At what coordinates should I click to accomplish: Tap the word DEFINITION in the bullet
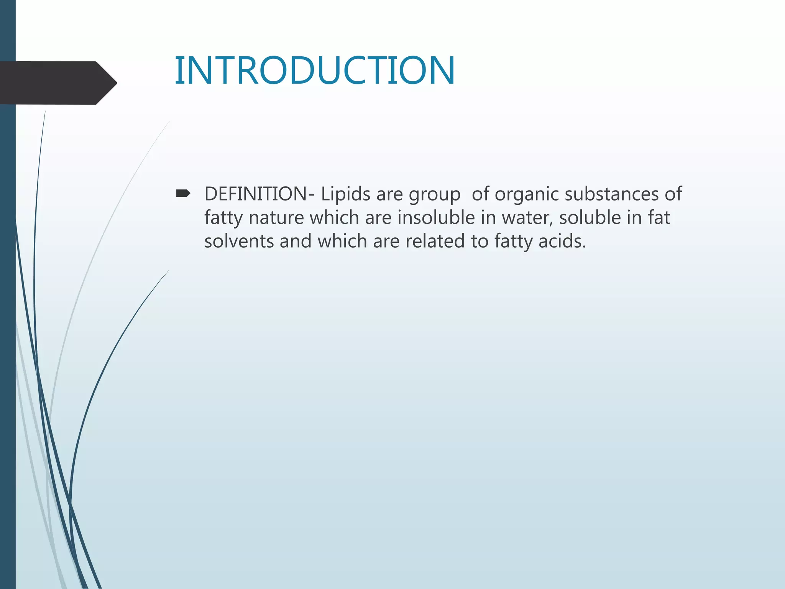point(255,194)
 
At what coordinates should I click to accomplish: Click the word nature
point(276,218)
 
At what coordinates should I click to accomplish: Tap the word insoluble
point(436,217)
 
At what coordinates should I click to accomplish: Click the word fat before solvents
point(659,217)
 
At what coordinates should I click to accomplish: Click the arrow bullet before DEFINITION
point(183,194)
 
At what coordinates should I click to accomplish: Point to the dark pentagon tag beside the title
point(57,83)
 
